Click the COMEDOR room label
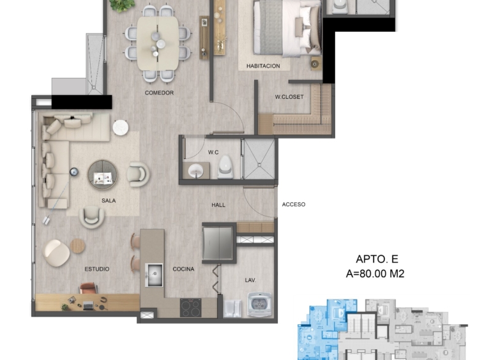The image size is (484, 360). (x=159, y=93)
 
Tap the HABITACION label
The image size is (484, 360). (x=263, y=66)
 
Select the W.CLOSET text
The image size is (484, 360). (x=289, y=97)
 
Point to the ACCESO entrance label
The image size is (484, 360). (x=294, y=204)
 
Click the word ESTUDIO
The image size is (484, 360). (x=97, y=269)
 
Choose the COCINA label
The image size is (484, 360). (x=183, y=269)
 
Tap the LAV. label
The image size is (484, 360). (x=250, y=280)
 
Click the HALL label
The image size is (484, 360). (x=218, y=205)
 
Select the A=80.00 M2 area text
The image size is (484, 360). (x=375, y=274)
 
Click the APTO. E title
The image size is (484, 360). (x=377, y=259)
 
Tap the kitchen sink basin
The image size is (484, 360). (x=154, y=274)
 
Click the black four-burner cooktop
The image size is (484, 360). (x=191, y=308)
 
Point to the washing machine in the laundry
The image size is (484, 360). (x=260, y=304)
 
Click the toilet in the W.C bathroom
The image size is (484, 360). (x=225, y=167)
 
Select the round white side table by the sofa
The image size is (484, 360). (x=121, y=128)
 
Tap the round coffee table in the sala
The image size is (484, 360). (x=103, y=175)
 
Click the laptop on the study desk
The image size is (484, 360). (x=88, y=305)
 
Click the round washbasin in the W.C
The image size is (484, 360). (x=195, y=170)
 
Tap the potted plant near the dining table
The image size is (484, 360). (x=122, y=5)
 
